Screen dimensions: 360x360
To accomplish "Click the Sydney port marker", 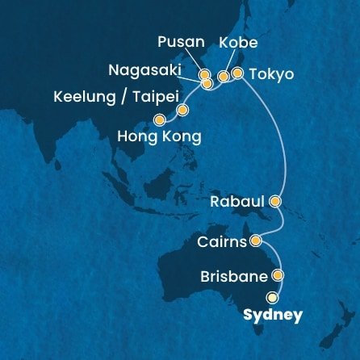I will tap(283, 296).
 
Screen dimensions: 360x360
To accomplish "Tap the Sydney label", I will tap(275, 315).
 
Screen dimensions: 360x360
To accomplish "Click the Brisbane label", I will tap(235, 277).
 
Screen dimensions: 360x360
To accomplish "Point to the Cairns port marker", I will tap(256, 240).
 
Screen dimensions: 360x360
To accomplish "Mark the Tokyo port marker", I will tap(237, 74).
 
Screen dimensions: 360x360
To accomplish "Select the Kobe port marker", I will tap(224, 76).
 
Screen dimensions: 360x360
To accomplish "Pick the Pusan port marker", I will tap(205, 75).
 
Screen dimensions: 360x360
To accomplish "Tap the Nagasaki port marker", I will tap(207, 82).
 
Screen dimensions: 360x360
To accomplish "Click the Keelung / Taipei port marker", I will tap(182, 110).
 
